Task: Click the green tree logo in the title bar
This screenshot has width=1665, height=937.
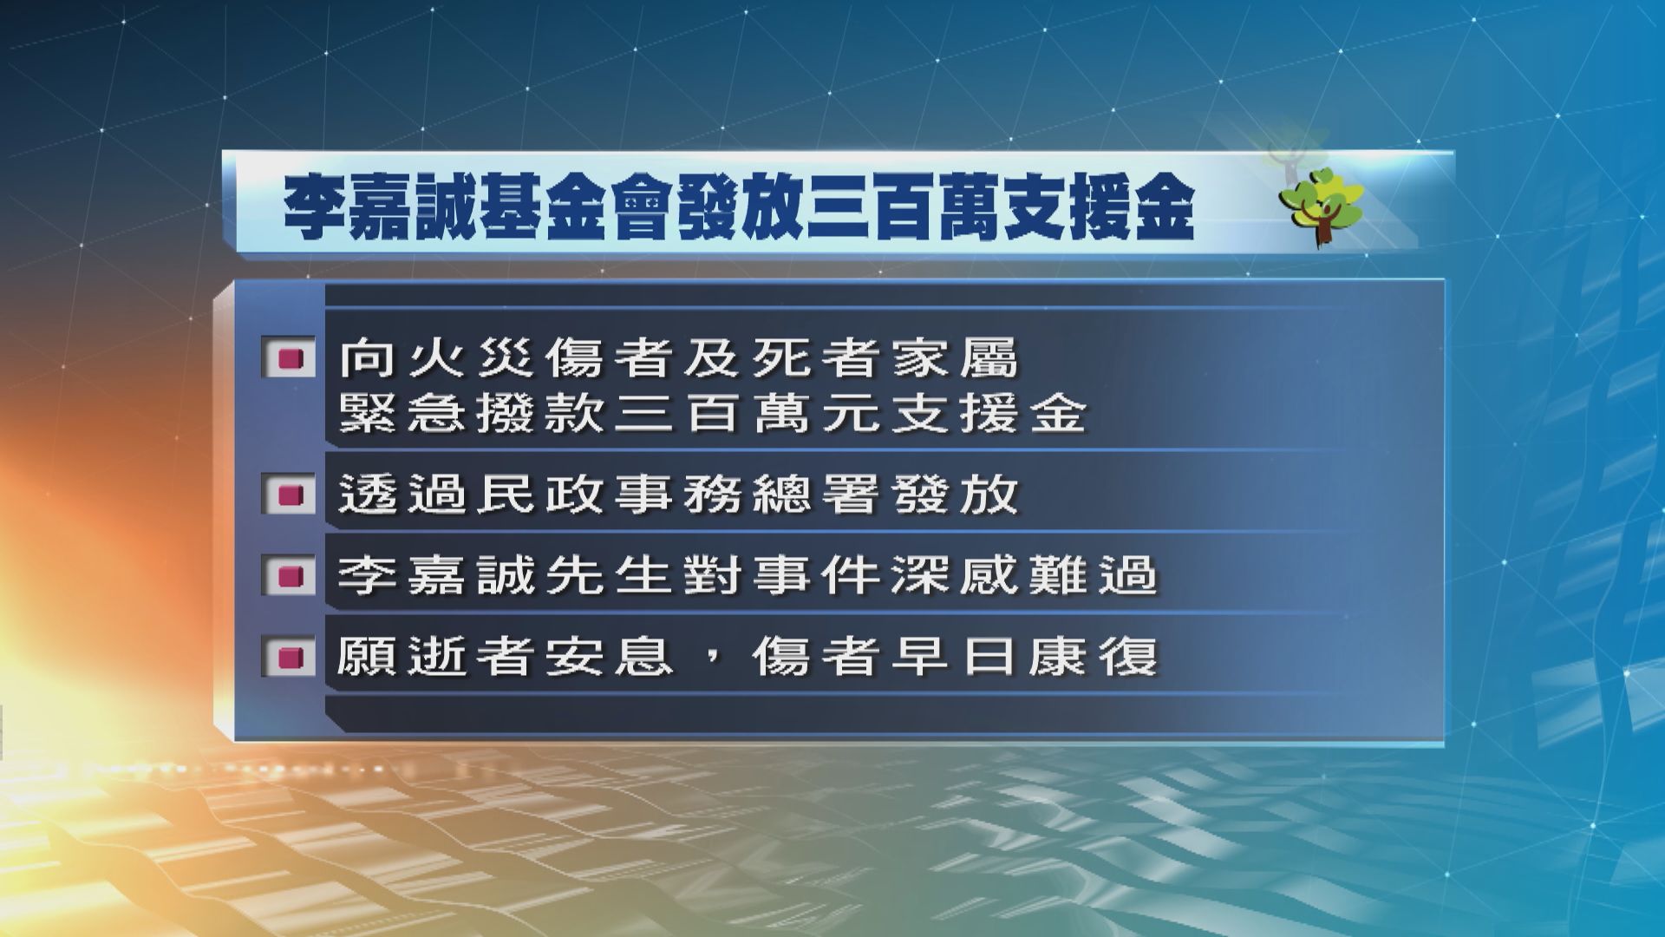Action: [1321, 211]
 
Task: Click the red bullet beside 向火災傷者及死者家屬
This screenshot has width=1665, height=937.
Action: [289, 358]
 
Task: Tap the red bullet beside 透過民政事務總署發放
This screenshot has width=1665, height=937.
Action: [289, 495]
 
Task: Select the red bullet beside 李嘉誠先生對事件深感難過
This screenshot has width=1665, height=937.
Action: [289, 576]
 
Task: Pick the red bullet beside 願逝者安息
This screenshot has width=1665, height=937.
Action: [289, 657]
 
